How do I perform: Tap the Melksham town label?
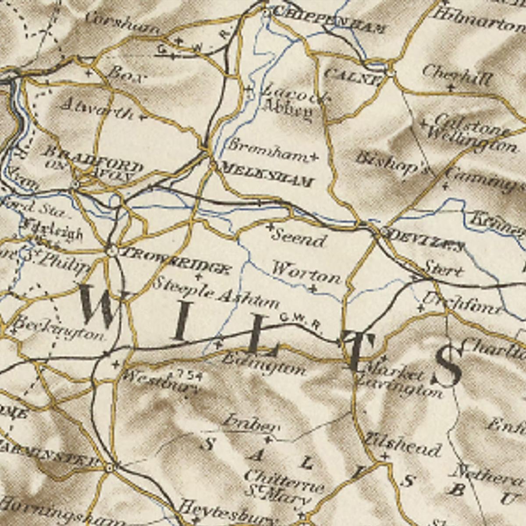click(267, 174)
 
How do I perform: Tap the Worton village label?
click(306, 273)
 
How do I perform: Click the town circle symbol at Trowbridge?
click(111, 251)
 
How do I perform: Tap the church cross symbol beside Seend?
click(270, 227)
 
